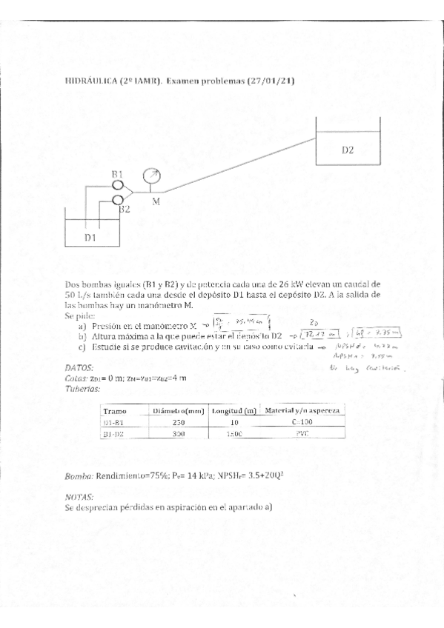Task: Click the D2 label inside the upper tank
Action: [x=348, y=150]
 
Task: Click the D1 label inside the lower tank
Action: [x=90, y=237]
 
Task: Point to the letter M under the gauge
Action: [x=156, y=201]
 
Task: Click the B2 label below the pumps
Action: [x=125, y=210]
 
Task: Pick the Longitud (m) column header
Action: [x=233, y=410]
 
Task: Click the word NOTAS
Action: [x=79, y=498]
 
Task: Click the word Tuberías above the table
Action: [x=82, y=387]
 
